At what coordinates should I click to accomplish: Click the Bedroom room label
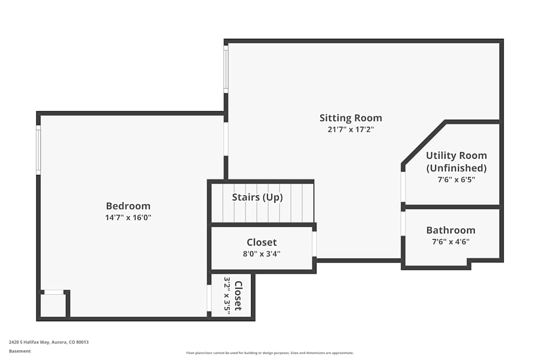pyautogui.click(x=128, y=206)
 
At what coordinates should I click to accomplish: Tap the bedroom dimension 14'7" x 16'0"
pyautogui.click(x=128, y=218)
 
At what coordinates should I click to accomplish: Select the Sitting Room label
pyautogui.click(x=350, y=118)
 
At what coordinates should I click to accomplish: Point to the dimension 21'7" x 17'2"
pyautogui.click(x=350, y=130)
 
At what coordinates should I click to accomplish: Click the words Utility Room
pyautogui.click(x=456, y=155)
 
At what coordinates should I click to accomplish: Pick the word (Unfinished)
pyautogui.click(x=456, y=168)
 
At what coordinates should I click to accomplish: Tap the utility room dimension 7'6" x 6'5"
pyautogui.click(x=456, y=179)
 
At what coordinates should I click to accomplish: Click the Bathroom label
pyautogui.click(x=451, y=230)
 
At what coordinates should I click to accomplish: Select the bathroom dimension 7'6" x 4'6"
pyautogui.click(x=451, y=242)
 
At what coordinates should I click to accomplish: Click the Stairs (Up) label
pyautogui.click(x=257, y=197)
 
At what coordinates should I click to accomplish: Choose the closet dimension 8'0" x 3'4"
pyautogui.click(x=262, y=254)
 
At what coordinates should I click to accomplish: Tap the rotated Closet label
pyautogui.click(x=238, y=296)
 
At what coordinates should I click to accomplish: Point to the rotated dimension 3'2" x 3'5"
pyautogui.click(x=227, y=294)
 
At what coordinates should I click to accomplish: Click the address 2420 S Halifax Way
pyautogui.click(x=29, y=342)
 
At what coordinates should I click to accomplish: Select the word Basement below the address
pyautogui.click(x=19, y=351)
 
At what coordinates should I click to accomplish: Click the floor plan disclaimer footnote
pyautogui.click(x=269, y=353)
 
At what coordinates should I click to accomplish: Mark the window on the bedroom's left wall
pyautogui.click(x=38, y=150)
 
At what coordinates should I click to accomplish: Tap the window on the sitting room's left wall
pyautogui.click(x=226, y=69)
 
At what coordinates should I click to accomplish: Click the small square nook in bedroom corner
pyautogui.click(x=53, y=304)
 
